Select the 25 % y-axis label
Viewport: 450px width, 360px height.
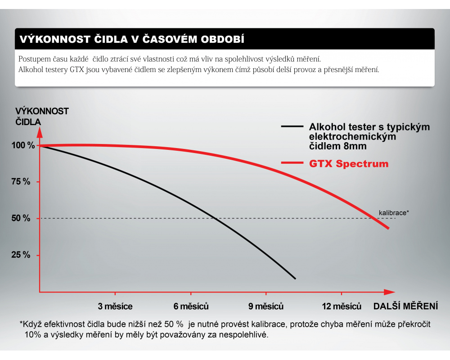pyautogui.click(x=21, y=255)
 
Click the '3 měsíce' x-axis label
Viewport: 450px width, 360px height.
pyautogui.click(x=116, y=306)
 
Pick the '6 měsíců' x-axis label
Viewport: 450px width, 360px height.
pyautogui.click(x=191, y=306)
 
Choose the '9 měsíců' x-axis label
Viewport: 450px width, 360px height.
pyautogui.click(x=266, y=306)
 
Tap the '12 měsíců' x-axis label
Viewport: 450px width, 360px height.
pyautogui.click(x=342, y=306)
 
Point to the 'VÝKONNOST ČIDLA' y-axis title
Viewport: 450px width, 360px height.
pyautogui.click(x=41, y=116)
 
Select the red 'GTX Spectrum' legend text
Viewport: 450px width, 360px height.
pyautogui.click(x=349, y=163)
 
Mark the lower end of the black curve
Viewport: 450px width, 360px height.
pyautogui.click(x=295, y=279)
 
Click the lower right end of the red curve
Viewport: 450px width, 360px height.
pyautogui.click(x=388, y=228)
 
